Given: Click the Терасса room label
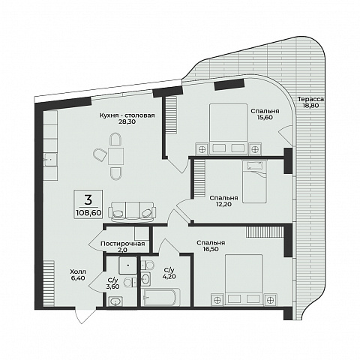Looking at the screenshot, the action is [310, 99].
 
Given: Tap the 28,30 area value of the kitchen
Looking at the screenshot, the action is [127, 121].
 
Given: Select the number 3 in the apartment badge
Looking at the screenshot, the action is [88, 199].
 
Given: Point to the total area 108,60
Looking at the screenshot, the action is [88, 213].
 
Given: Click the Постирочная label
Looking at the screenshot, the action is [122, 244].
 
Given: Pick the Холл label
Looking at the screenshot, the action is [78, 271].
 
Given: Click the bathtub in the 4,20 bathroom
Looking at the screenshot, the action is [160, 297].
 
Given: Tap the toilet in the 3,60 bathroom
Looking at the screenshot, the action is [130, 283].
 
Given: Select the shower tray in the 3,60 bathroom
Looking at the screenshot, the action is [127, 265].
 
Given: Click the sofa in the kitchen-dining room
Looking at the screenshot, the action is [132, 211].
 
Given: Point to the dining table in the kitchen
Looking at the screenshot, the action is [115, 156].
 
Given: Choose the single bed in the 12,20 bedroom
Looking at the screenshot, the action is [254, 181].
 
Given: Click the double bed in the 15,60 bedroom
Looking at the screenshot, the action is [228, 129].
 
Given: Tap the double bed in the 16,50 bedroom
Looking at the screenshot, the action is [244, 280].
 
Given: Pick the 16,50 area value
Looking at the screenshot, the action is [211, 249].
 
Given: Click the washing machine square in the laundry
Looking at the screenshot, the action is [142, 234].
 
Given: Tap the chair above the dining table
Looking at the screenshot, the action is [115, 139].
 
